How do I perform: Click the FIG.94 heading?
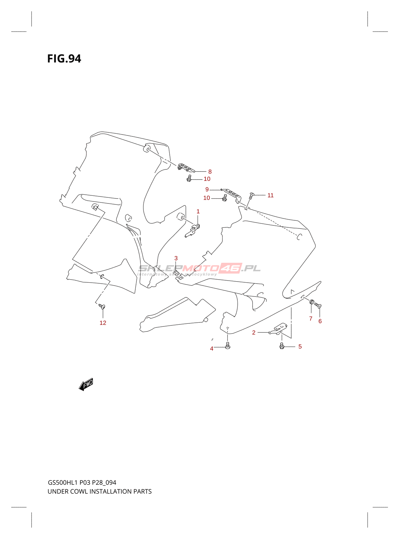64,59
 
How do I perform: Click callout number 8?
210,171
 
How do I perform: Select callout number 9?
207,189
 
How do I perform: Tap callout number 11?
270,195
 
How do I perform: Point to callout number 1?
198,211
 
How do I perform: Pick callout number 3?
176,258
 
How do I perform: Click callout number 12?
103,323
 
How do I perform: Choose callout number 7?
310,318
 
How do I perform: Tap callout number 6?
320,321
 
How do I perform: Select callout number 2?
254,332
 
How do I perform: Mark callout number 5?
300,346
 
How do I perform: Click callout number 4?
212,348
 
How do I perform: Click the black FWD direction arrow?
86,384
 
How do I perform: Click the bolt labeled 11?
251,195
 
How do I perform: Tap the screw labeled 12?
102,306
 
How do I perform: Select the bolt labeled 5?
282,346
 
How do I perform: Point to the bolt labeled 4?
228,345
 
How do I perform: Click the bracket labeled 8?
186,167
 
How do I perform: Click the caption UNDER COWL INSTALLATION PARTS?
100,492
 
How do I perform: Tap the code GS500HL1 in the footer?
63,482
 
